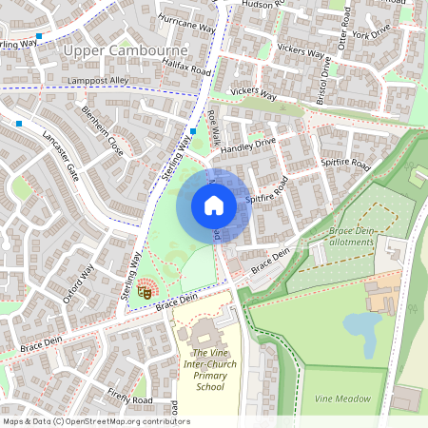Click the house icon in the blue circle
214,205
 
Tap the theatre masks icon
146,293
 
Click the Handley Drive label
247,147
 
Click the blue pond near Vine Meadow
362,329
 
